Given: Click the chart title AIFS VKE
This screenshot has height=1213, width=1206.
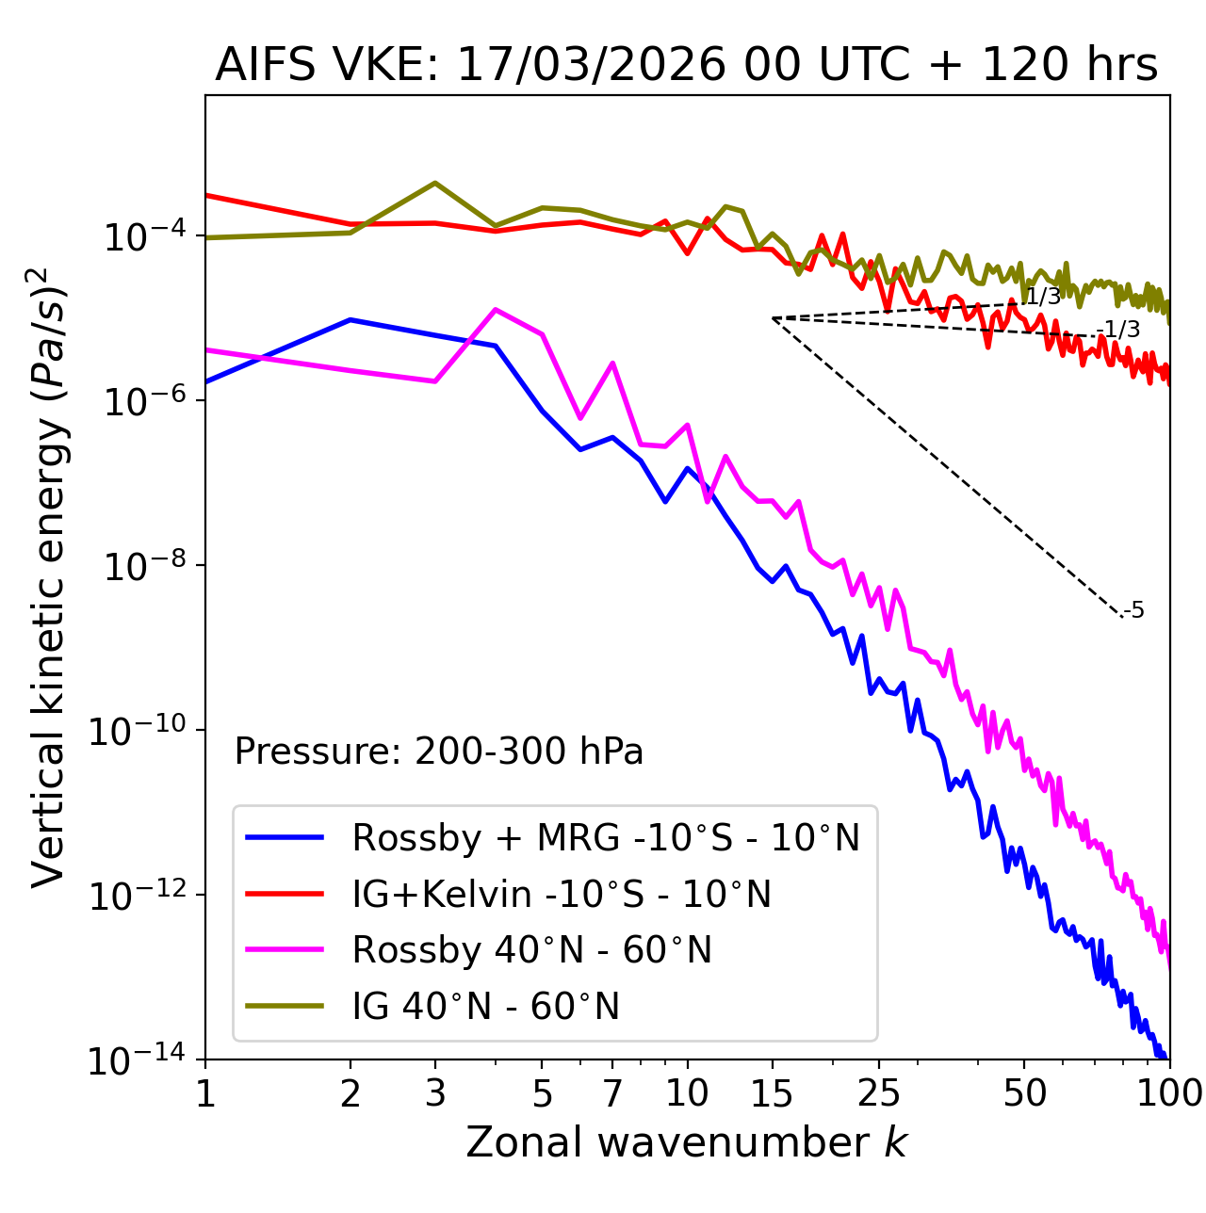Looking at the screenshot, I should click(686, 66).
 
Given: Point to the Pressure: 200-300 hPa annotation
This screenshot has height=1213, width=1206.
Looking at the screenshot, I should click(439, 752).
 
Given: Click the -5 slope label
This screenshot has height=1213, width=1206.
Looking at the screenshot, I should click(1134, 610).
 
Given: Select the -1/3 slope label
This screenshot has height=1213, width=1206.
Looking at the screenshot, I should click(1121, 330).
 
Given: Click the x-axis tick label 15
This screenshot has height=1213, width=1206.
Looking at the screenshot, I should click(772, 1093).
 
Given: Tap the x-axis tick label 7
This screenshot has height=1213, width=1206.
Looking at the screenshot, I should click(612, 1093).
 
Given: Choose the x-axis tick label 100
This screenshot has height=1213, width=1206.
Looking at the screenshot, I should click(1168, 1093).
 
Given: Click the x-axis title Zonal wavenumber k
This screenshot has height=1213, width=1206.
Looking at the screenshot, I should click(686, 1142).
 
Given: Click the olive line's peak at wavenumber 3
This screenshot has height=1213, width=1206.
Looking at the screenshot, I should click(435, 183).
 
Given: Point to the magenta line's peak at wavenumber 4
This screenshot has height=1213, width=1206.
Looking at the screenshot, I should click(496, 309).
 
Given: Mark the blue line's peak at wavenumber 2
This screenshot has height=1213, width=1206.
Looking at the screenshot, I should click(350, 319).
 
